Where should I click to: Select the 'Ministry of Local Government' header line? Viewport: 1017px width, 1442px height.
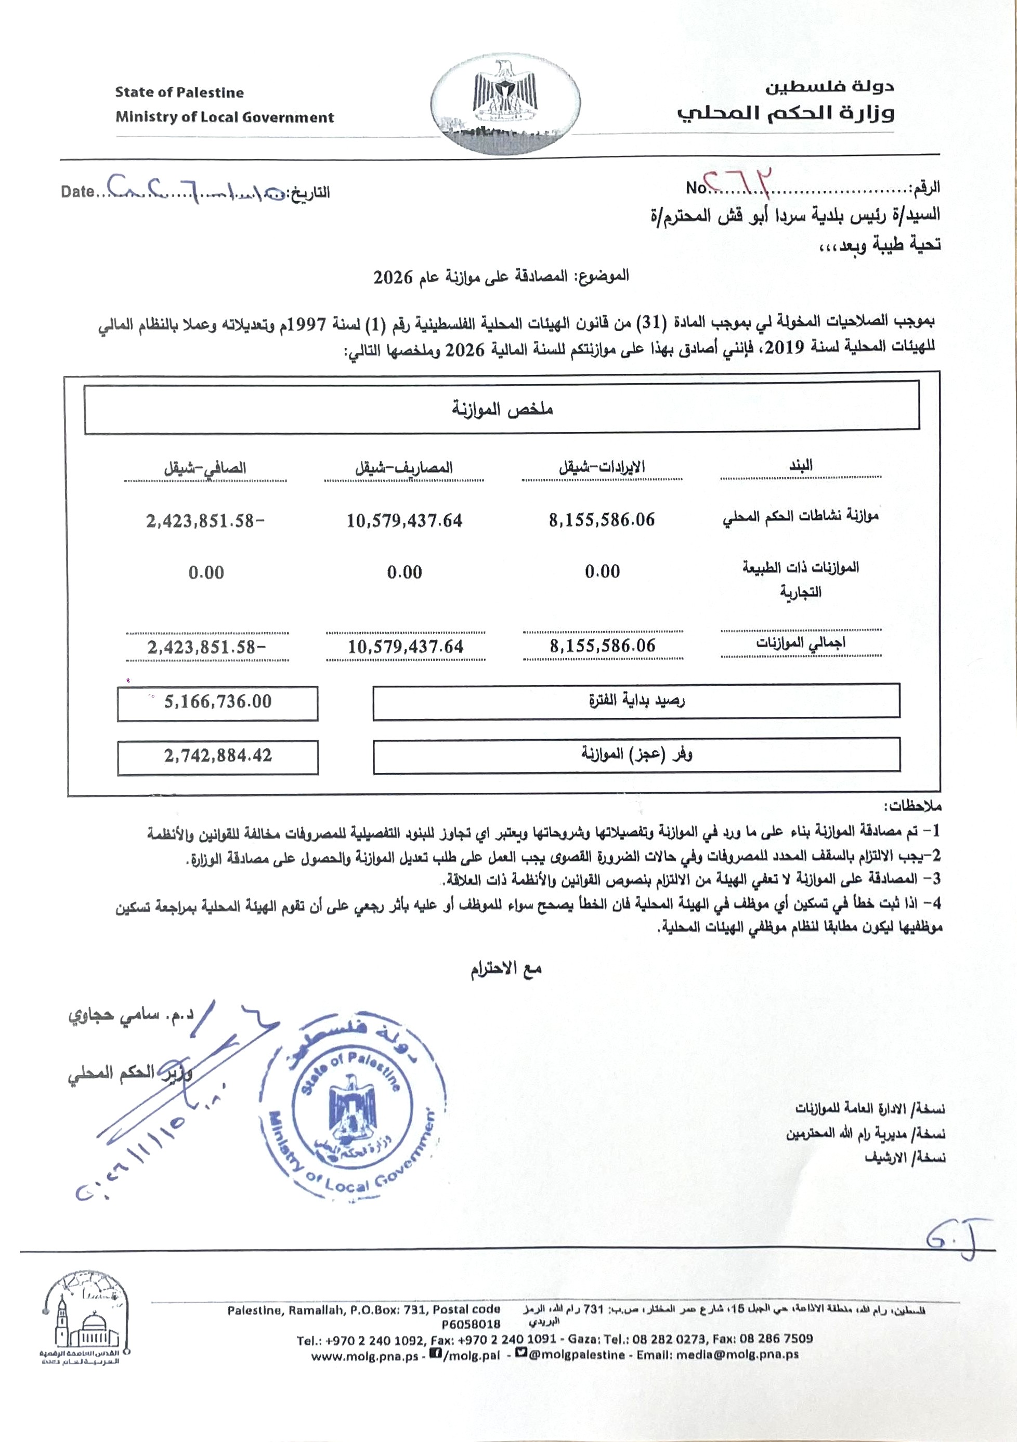(x=224, y=117)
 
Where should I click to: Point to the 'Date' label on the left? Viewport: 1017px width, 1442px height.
(x=77, y=191)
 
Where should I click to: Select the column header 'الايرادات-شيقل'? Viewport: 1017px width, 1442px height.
(x=602, y=467)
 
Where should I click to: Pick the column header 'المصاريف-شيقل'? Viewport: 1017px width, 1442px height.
(x=404, y=468)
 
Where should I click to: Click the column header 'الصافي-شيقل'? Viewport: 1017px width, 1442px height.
(x=205, y=468)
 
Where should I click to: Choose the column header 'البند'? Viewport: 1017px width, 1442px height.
(x=801, y=465)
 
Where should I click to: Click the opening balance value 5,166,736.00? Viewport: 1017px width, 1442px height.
(x=217, y=702)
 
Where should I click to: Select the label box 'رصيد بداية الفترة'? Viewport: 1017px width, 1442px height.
(x=636, y=701)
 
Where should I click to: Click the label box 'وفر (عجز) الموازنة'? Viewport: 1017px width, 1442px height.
(x=636, y=754)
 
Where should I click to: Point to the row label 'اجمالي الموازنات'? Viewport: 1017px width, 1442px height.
(x=800, y=643)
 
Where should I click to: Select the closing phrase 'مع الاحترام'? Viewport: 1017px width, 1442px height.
(x=506, y=969)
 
